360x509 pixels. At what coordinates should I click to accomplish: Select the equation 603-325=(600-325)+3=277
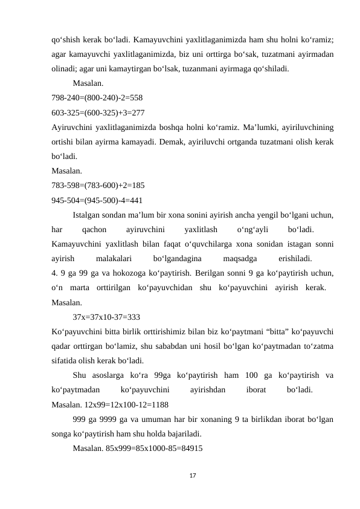coord(98,113)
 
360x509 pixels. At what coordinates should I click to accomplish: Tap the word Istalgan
coord(88,215)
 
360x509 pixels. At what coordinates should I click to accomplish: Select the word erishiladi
coord(295,259)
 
